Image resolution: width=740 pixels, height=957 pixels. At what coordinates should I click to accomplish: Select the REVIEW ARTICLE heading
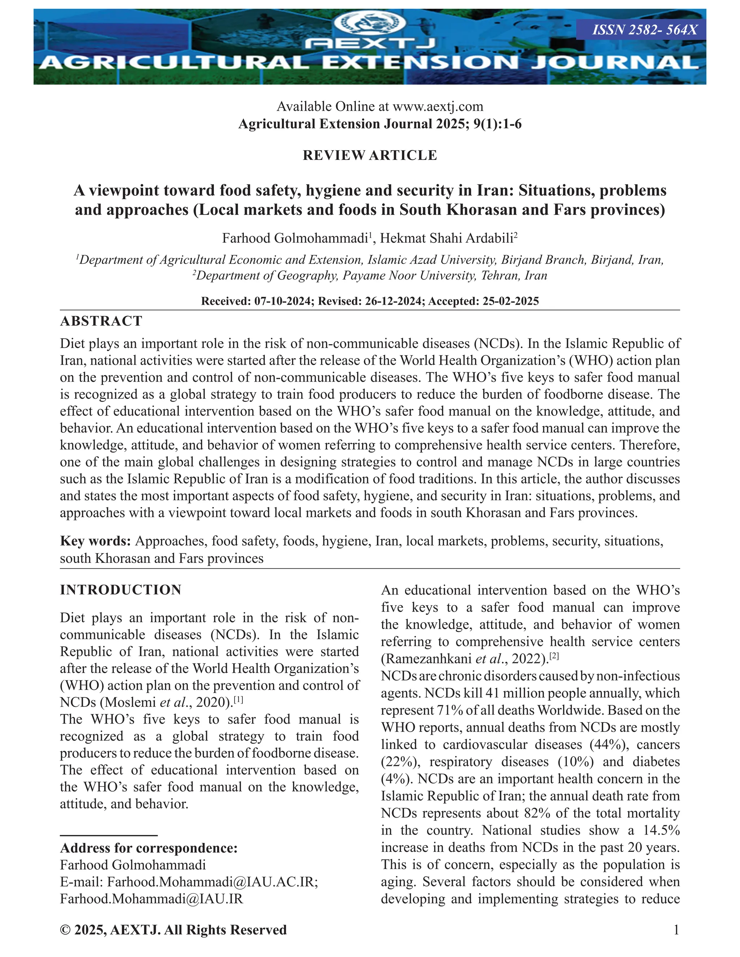tap(370, 155)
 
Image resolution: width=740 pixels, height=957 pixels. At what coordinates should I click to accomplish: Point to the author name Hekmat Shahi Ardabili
tap(446, 238)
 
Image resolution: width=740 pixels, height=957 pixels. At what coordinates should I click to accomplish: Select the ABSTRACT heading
tap(101, 321)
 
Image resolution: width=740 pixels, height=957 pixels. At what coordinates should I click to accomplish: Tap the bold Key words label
tap(95, 541)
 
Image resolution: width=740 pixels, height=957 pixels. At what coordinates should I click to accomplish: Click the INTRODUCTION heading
tap(121, 590)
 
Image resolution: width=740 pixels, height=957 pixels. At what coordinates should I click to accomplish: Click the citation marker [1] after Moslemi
tap(238, 700)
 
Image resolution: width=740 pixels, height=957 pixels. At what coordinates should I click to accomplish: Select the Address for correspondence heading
tap(149, 848)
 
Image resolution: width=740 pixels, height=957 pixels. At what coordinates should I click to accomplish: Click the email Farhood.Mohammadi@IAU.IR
tap(151, 899)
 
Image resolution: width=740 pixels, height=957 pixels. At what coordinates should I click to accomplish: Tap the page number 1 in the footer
tap(676, 930)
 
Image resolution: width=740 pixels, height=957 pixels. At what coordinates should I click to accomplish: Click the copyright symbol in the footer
tap(65, 930)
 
